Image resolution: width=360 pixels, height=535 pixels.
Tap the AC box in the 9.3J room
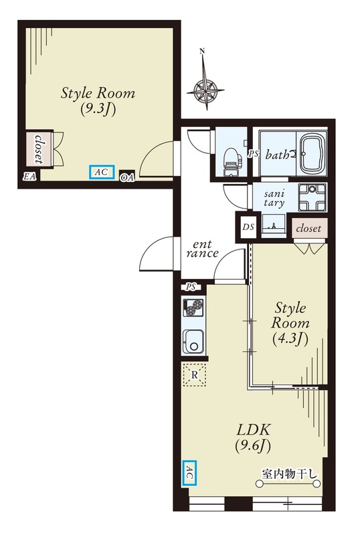coord(102,172)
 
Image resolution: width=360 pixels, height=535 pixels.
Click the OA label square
coord(127,177)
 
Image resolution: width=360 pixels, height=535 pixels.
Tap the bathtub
coord(312,154)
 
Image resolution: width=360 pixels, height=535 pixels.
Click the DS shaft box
coord(248,227)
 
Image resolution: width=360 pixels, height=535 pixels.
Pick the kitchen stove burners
coord(193,308)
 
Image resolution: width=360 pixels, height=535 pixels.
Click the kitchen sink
coord(193,342)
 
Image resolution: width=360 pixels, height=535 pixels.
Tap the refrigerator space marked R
coord(194,374)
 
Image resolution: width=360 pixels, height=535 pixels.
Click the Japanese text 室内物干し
coord(290,474)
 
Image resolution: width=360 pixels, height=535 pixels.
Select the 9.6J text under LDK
coord(253,446)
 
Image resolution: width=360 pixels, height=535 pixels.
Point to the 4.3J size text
coord(290,339)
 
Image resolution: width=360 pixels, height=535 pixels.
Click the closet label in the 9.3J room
coord(39,149)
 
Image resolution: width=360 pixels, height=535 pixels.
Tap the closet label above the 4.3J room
coord(308,228)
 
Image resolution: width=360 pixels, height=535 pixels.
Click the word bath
coord(277,155)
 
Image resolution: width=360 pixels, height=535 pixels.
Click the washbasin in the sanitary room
coord(274,225)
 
